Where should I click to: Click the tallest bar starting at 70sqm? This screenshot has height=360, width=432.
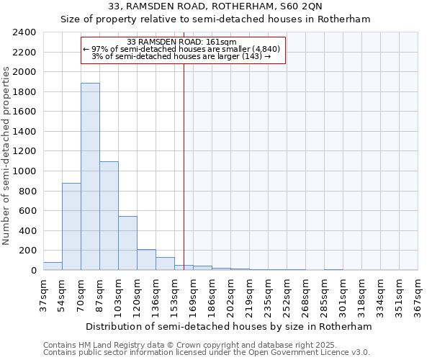90,176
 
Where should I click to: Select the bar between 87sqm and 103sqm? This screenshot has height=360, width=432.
109,216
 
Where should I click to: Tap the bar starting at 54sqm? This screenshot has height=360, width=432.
71,227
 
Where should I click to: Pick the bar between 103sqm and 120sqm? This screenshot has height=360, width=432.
127,243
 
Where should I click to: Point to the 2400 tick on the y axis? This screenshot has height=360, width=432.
25,32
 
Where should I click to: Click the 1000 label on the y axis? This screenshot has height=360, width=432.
25,171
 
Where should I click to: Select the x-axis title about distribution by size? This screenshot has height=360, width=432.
230,326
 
